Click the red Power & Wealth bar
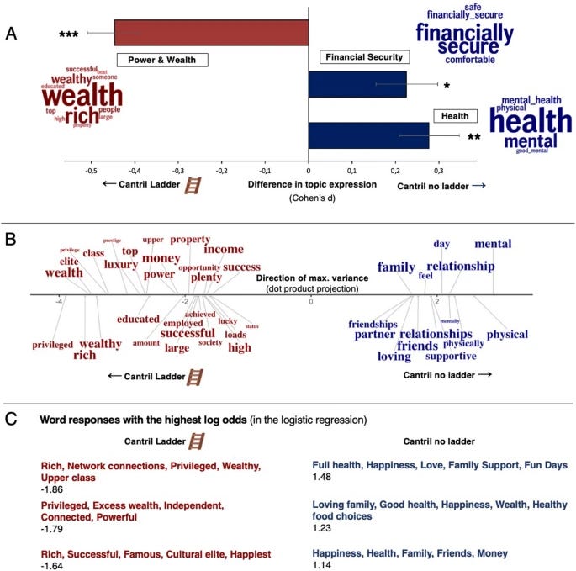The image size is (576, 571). pyautogui.click(x=211, y=33)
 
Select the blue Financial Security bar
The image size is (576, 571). pyautogui.click(x=357, y=84)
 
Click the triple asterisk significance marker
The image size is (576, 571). pyautogui.click(x=69, y=34)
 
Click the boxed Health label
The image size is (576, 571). pyautogui.click(x=455, y=116)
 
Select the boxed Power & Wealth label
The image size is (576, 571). pyautogui.click(x=161, y=61)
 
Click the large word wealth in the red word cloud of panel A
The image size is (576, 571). pyautogui.click(x=82, y=97)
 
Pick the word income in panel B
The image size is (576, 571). pyautogui.click(x=223, y=250)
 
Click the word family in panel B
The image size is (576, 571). pyautogui.click(x=396, y=267)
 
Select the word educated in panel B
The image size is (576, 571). pyautogui.click(x=138, y=319)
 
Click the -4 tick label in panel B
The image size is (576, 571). pyautogui.click(x=58, y=301)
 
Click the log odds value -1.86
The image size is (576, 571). pyautogui.click(x=52, y=490)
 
